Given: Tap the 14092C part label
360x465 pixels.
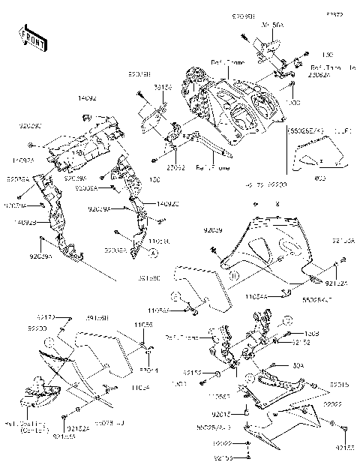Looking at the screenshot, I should click(x=167, y=204).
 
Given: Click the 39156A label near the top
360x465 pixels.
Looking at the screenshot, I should click(x=271, y=25).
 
